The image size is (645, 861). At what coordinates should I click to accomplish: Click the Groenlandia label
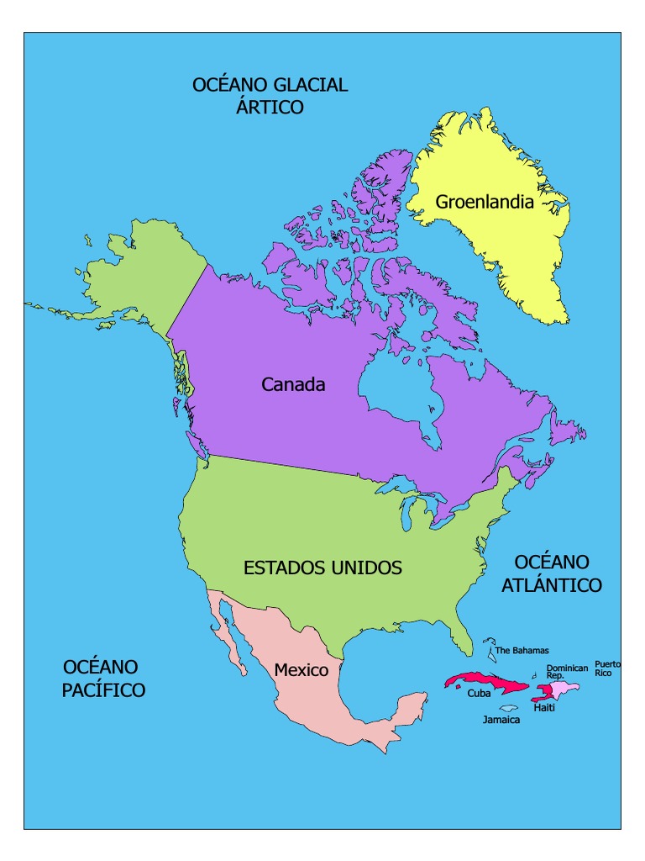point(485,202)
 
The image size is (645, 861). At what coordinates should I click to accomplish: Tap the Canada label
point(293,385)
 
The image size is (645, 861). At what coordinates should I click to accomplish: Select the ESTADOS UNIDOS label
point(322,568)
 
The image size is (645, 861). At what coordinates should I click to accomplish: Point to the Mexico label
point(301,671)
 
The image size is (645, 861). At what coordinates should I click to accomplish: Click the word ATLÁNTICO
point(552,586)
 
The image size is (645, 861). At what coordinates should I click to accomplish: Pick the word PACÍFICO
point(103,690)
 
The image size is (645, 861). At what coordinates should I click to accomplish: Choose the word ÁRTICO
point(270,108)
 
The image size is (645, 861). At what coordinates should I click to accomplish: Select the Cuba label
point(479,695)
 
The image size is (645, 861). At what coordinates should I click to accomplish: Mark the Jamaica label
point(501,721)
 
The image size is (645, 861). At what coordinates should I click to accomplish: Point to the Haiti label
point(543,708)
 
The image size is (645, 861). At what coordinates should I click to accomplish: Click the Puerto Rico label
point(608,668)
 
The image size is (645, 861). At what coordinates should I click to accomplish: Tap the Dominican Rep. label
point(567,672)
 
